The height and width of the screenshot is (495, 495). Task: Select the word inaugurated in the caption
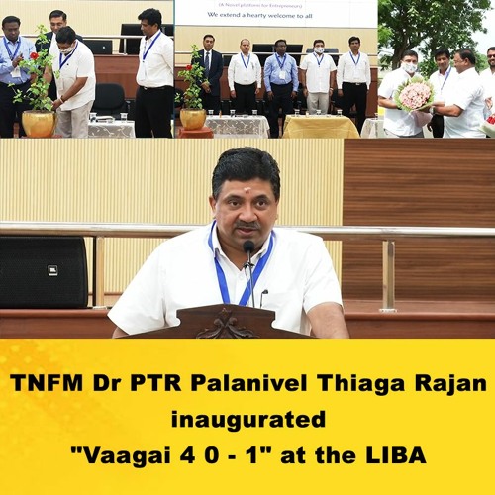(x=247, y=419)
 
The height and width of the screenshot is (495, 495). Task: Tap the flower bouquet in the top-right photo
(x=414, y=93)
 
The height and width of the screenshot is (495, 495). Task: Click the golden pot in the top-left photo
(x=39, y=123)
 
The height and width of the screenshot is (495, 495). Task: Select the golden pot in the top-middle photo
(x=193, y=118)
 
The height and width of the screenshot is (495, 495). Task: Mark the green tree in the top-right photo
(x=436, y=25)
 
